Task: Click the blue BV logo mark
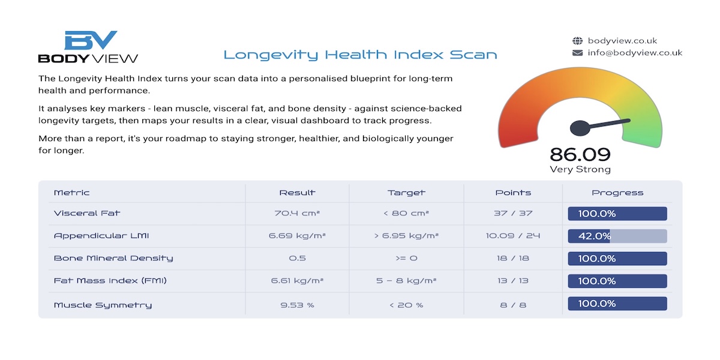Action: [x=91, y=40]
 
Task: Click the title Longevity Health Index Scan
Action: [x=361, y=55]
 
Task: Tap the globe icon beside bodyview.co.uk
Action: [x=577, y=41]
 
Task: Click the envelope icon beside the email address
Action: [x=577, y=53]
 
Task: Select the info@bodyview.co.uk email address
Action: [x=635, y=53]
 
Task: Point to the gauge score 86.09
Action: [x=580, y=155]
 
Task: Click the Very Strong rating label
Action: [x=580, y=169]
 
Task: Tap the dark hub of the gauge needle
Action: [x=580, y=128]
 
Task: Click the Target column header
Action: [x=406, y=193]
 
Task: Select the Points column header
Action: [x=513, y=193]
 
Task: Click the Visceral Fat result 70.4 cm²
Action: [x=297, y=213]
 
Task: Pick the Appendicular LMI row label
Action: [x=101, y=236]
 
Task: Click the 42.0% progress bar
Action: [x=617, y=236]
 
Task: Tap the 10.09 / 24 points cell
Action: [x=513, y=236]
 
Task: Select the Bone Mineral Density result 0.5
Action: [x=297, y=258]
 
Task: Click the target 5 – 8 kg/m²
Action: [x=406, y=281]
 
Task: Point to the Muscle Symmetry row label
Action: [x=103, y=305]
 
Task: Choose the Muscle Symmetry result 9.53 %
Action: [x=297, y=305]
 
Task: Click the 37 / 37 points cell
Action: [x=513, y=213]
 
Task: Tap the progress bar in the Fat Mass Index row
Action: [x=617, y=281]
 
